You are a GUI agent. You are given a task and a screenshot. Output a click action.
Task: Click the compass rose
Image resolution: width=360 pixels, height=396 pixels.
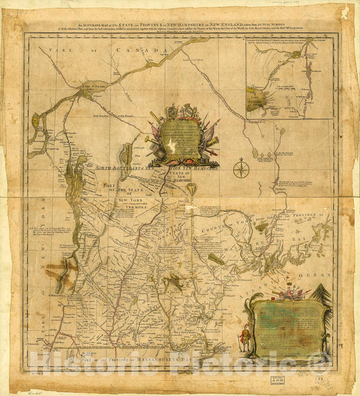[x=241, y=167]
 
